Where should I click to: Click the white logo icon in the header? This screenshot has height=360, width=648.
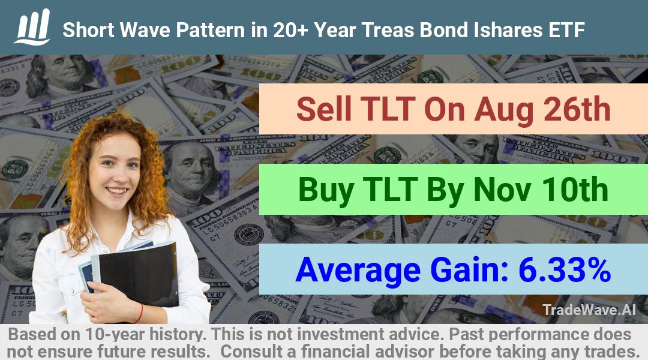[x=32, y=27]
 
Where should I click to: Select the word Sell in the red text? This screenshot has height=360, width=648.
[x=323, y=109]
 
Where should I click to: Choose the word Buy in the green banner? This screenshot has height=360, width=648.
[x=326, y=191]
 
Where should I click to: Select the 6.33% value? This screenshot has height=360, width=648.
[x=565, y=269]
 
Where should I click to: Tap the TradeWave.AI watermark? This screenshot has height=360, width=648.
[x=589, y=310]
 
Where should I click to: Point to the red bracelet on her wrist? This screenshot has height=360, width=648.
[x=140, y=313]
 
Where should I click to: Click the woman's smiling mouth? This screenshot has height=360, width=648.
[x=117, y=191]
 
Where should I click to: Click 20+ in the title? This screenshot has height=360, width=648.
[x=290, y=30]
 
